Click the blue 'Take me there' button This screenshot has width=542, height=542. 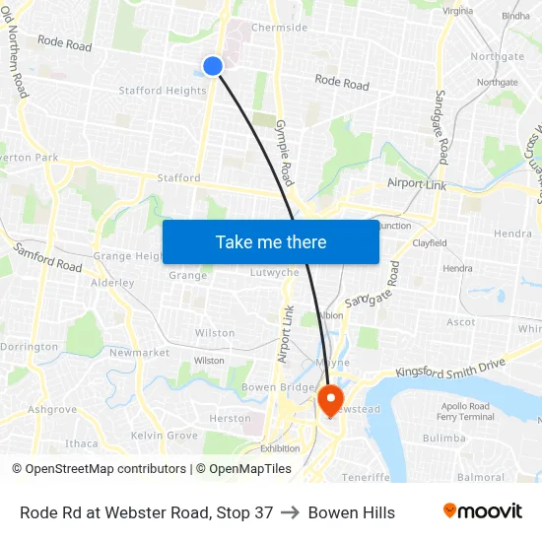[x=271, y=241]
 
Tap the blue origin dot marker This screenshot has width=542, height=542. [x=213, y=66]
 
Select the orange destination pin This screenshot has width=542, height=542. [x=329, y=398]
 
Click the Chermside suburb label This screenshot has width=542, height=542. [x=280, y=28]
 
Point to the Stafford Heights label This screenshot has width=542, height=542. [x=163, y=91]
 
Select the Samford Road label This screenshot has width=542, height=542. [x=47, y=259]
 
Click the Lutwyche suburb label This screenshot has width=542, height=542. [x=275, y=272]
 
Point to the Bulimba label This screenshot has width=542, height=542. [x=443, y=438]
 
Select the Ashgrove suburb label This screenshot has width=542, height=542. [x=52, y=409]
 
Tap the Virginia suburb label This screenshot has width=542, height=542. [x=458, y=11]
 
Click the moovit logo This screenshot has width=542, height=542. [x=482, y=511]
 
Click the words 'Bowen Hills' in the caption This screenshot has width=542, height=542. [x=352, y=512]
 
